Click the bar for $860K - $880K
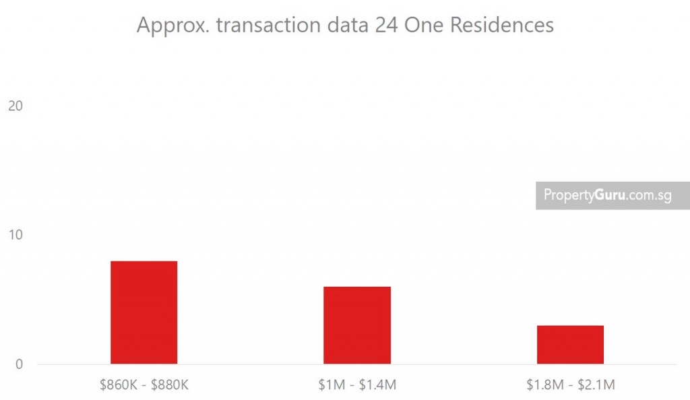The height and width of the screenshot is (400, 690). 144,312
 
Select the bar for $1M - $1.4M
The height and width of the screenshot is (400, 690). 357,325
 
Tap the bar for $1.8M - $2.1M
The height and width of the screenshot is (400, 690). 570,344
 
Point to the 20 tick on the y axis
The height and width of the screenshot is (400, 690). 15,106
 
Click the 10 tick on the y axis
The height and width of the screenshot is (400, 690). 15,235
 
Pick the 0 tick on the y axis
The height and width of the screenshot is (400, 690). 18,364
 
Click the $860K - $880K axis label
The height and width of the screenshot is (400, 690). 144,385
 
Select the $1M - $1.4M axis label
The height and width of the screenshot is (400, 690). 357,385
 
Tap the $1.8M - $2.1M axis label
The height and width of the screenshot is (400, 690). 570,385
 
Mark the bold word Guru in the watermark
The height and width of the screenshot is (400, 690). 609,195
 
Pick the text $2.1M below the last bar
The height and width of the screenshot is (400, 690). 597,385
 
